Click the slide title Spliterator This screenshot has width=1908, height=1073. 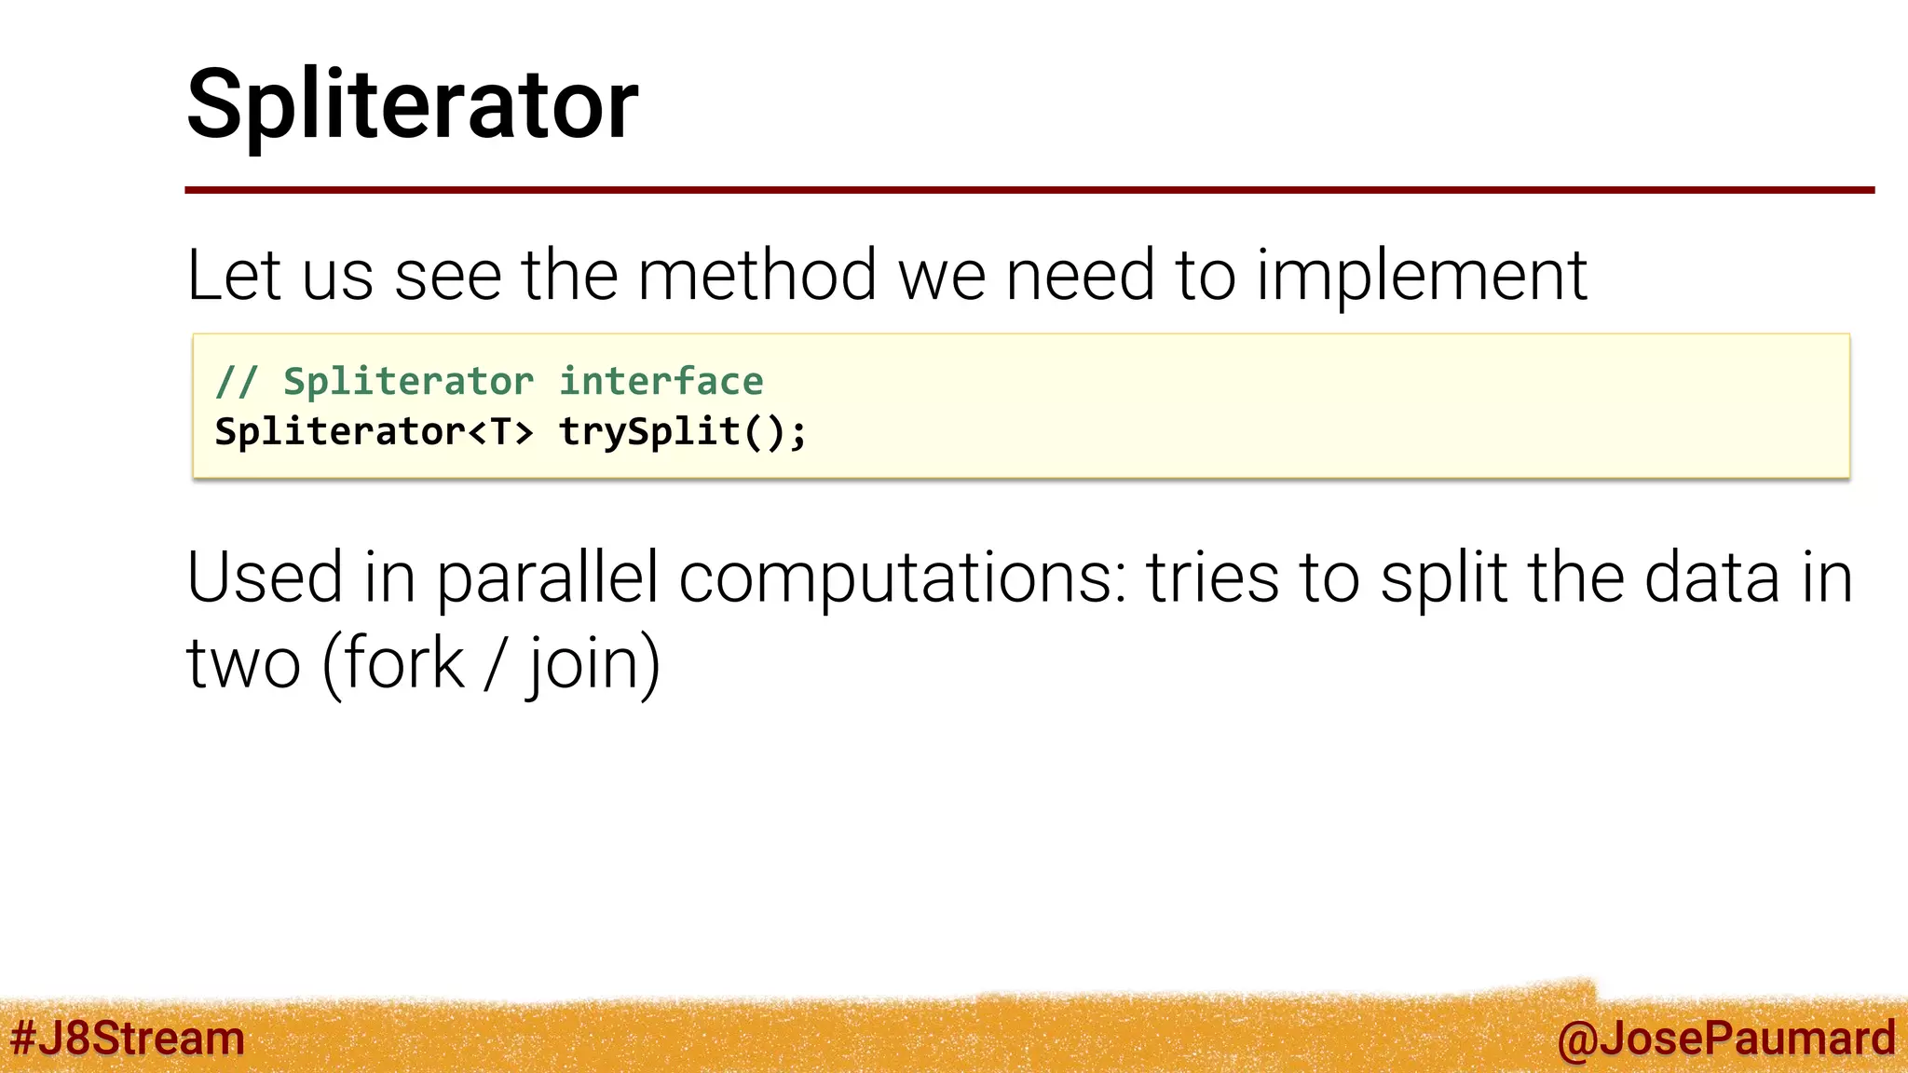coord(412,104)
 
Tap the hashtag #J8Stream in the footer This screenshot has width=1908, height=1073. coord(128,1038)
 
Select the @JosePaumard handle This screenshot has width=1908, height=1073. coord(1725,1038)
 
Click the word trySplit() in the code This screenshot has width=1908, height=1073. coord(682,432)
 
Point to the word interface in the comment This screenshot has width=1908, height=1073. coord(661,382)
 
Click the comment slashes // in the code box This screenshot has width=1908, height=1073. coord(236,382)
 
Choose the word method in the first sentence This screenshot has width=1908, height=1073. coord(756,276)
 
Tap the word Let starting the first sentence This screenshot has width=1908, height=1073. coord(233,276)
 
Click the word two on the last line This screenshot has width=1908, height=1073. coord(243,665)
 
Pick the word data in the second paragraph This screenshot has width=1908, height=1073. coord(1712,577)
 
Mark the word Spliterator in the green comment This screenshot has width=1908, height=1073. coord(408,382)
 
